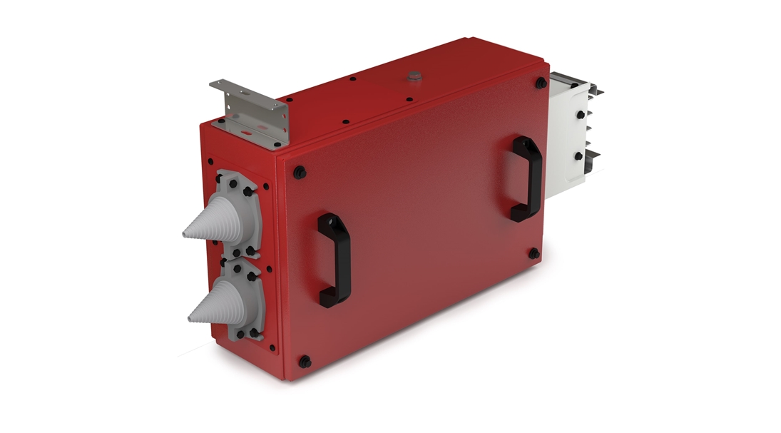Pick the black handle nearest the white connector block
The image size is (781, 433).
pos(526,178)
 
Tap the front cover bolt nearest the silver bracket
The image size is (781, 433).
pos(299,171)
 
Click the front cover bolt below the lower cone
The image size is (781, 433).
pos(305,361)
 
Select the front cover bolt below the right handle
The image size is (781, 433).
pos(534,253)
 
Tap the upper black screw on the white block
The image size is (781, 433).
pos(580,114)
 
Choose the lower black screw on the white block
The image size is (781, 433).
pos(578,156)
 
